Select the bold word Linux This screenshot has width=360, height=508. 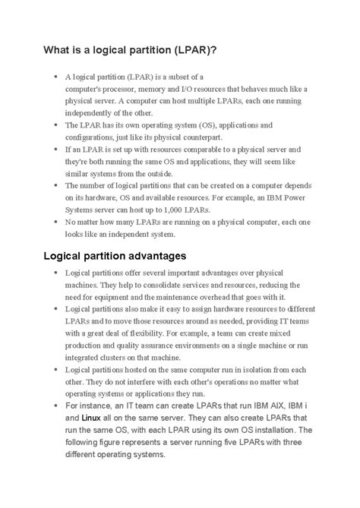[92, 418]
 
